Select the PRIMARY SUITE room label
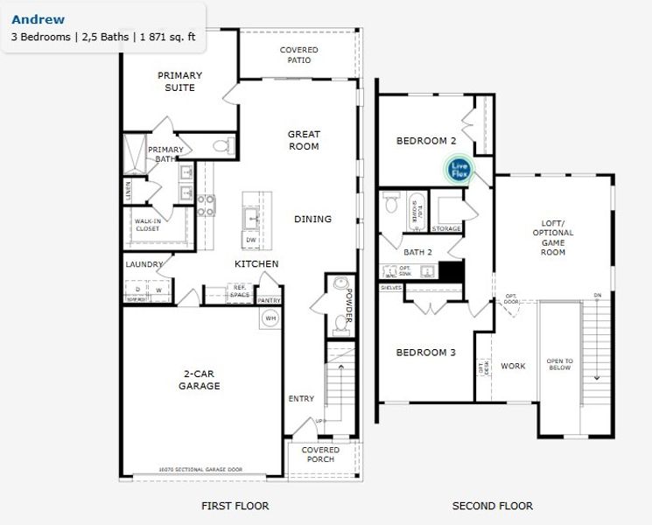click(180, 81)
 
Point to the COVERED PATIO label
click(298, 55)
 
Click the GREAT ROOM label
click(304, 140)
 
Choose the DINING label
click(312, 219)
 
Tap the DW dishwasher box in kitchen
click(250, 240)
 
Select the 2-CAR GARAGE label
click(200, 380)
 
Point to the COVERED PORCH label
click(320, 455)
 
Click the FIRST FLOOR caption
click(235, 506)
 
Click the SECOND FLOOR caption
click(492, 506)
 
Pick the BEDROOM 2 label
click(426, 141)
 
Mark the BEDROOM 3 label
click(425, 353)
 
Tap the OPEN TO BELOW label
click(559, 364)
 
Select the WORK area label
click(513, 366)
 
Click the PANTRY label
click(269, 300)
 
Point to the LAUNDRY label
click(144, 264)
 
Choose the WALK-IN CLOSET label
click(147, 225)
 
